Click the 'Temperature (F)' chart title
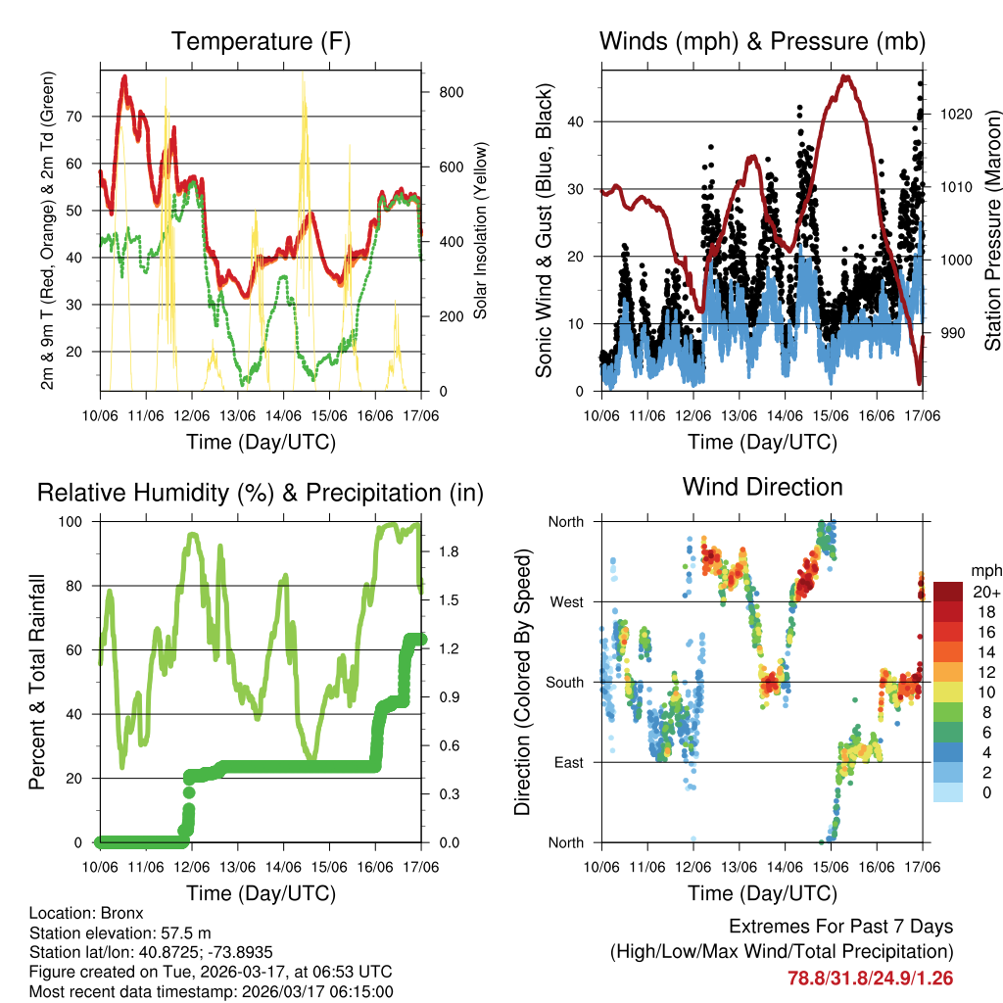click(261, 41)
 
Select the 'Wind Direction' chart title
click(762, 486)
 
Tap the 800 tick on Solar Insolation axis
click(451, 92)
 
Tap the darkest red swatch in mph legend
click(948, 592)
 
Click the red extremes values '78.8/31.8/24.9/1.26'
click(870, 978)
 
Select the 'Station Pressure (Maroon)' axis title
click(991, 230)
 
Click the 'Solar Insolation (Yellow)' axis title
click(481, 230)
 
